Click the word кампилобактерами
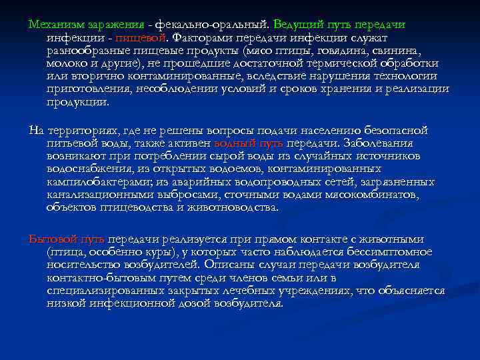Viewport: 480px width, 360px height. pyautogui.click(x=99, y=181)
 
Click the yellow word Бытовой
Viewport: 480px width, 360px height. pyautogui.click(x=52, y=238)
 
